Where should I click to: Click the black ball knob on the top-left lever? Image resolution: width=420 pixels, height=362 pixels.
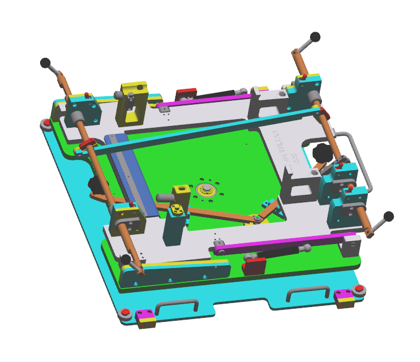45,62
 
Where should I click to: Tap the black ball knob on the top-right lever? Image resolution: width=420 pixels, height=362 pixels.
315,37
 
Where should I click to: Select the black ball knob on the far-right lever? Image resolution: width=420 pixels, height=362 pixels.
389,216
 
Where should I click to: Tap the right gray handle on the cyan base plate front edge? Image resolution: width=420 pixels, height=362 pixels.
308,292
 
